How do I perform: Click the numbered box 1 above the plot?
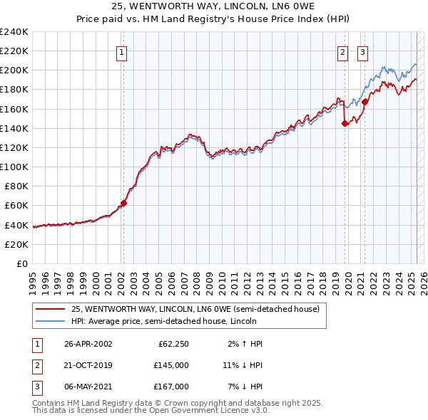(122, 51)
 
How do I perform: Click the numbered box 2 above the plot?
(343, 51)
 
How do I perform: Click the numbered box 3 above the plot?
(363, 51)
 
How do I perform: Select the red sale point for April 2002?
(123, 203)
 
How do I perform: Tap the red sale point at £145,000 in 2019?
(345, 123)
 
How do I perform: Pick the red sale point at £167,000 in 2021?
(365, 102)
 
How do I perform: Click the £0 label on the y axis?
(21, 263)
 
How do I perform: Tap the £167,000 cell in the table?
(171, 386)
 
